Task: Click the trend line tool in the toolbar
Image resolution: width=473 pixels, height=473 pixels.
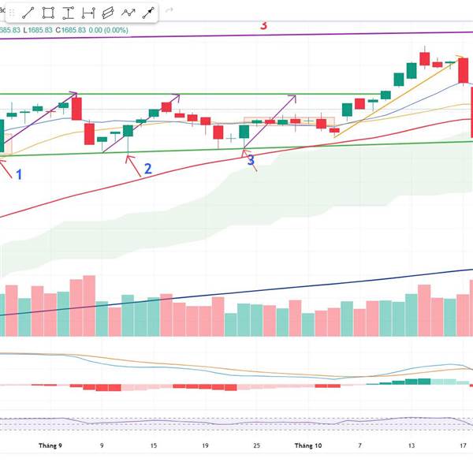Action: pyautogui.click(x=28, y=13)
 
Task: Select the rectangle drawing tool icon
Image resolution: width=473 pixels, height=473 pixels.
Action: pyautogui.click(x=48, y=13)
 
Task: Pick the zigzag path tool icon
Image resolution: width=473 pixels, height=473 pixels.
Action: pyautogui.click(x=127, y=13)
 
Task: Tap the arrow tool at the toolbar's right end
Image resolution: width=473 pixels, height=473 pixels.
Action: pyautogui.click(x=147, y=13)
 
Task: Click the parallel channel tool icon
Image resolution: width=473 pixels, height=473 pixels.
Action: pyautogui.click(x=107, y=13)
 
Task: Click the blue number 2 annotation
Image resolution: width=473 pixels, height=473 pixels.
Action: pyautogui.click(x=147, y=168)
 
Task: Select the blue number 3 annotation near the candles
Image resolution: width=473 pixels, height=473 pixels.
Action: pyautogui.click(x=251, y=160)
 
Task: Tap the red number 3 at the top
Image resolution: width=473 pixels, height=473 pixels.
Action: pyautogui.click(x=263, y=25)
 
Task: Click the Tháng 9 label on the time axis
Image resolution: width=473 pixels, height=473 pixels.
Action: pyautogui.click(x=50, y=445)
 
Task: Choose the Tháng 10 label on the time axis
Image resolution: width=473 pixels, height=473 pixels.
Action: pyautogui.click(x=308, y=445)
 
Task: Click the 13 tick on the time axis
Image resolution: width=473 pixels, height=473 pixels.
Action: pyautogui.click(x=411, y=445)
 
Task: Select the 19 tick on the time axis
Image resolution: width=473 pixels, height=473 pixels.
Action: pyautogui.click(x=204, y=445)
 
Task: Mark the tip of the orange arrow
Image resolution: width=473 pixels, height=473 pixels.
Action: pyautogui.click(x=459, y=58)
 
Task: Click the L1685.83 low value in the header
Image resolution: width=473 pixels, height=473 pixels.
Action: pyautogui.click(x=37, y=31)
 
